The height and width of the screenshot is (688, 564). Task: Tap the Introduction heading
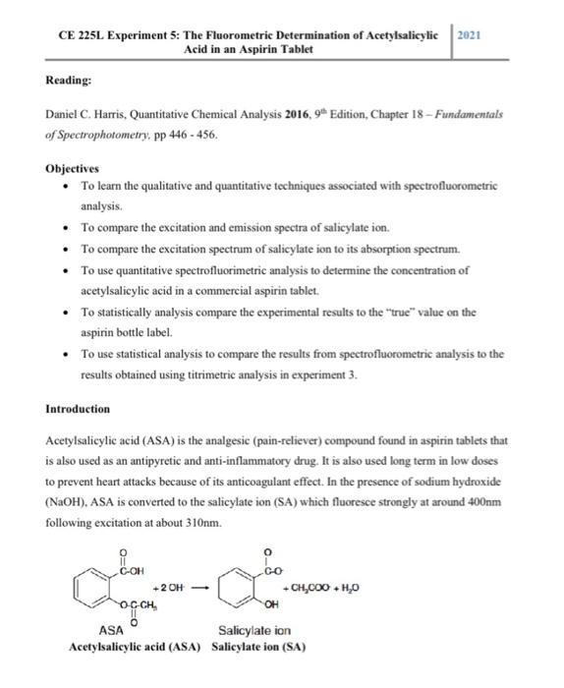pos(79,408)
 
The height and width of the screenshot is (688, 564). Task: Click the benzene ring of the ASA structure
pos(101,589)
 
